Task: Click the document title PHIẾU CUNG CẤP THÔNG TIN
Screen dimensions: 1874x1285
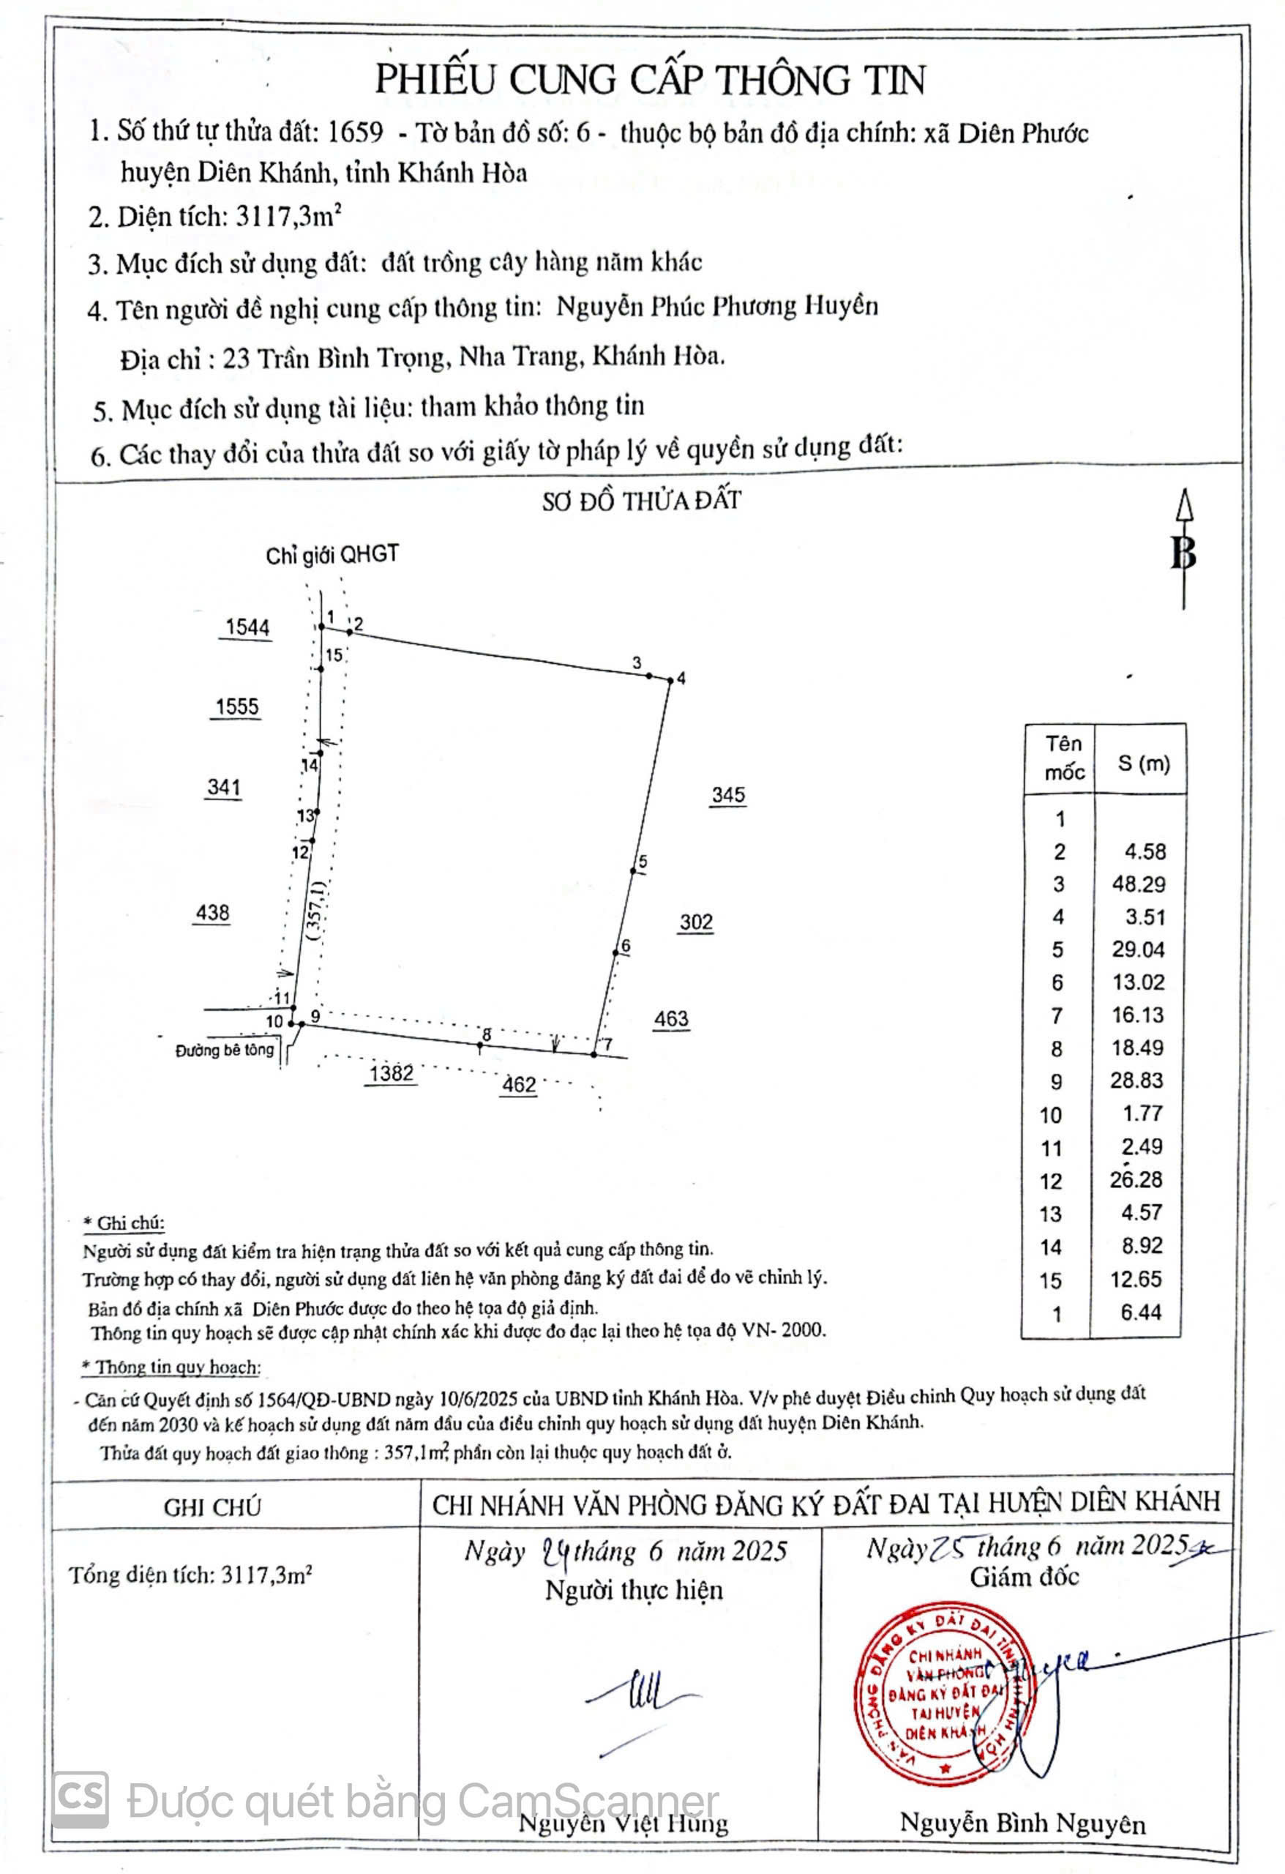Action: [x=650, y=79]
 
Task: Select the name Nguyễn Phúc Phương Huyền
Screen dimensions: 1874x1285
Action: [x=716, y=307]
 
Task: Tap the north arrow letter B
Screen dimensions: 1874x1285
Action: [x=1183, y=553]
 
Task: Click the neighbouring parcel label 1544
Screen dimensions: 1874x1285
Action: [x=247, y=627]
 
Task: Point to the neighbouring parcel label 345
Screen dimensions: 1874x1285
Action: [x=728, y=795]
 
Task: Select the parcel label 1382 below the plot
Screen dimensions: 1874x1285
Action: [x=391, y=1073]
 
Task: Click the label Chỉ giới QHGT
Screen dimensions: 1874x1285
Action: [x=332, y=555]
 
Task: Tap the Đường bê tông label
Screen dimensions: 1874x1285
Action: [x=225, y=1050]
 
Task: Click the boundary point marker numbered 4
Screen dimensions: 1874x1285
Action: [x=670, y=681]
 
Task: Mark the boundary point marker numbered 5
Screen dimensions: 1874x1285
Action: [x=634, y=870]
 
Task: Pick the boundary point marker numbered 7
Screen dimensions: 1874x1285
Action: [x=594, y=1054]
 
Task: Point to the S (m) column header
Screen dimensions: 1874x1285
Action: [x=1143, y=763]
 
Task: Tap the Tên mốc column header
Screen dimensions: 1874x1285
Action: [x=1063, y=758]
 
